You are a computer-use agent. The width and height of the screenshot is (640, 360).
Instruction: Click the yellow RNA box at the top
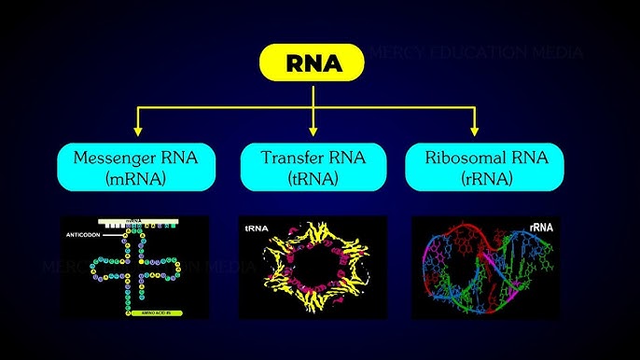click(313, 64)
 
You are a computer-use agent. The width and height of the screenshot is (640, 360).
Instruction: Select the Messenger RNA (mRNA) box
click(138, 167)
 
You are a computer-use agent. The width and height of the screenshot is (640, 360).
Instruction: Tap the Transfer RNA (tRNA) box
click(313, 167)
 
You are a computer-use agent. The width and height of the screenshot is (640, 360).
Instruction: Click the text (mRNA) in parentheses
click(138, 177)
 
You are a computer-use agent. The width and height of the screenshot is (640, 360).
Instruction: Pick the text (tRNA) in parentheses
click(313, 177)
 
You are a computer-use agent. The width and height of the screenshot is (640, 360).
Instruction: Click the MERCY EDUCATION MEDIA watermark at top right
click(476, 52)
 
